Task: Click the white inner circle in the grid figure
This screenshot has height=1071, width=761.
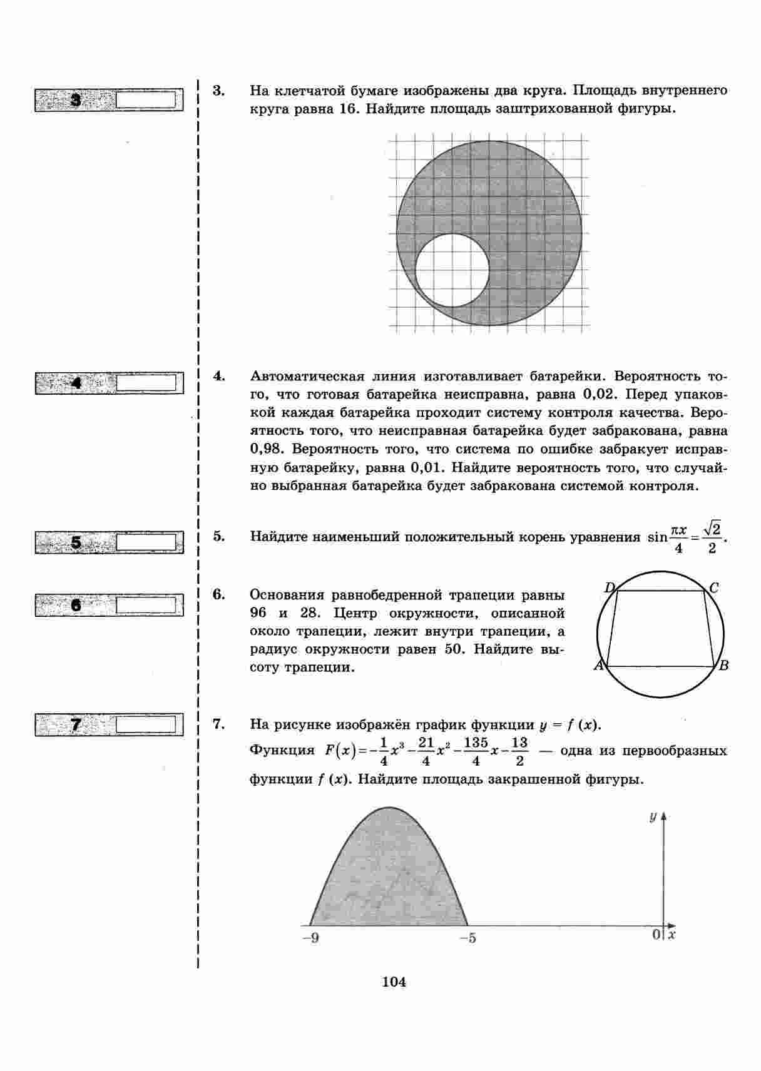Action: point(452,270)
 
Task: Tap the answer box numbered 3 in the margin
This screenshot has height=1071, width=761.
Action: point(149,100)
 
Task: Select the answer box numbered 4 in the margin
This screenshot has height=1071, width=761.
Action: point(149,383)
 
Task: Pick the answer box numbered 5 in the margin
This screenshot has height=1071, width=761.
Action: point(149,542)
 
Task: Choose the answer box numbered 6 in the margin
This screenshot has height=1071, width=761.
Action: point(149,605)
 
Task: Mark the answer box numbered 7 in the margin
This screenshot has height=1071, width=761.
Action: point(149,724)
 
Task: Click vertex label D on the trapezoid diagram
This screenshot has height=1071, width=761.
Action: point(610,587)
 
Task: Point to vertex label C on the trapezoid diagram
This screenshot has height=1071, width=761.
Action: point(714,587)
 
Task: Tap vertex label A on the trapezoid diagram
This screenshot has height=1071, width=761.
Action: point(598,665)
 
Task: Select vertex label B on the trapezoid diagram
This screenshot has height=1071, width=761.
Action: point(723,665)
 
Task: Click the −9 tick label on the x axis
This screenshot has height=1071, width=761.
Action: point(310,938)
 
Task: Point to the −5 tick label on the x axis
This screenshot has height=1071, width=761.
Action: point(467,938)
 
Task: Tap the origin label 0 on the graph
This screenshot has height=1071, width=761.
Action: point(656,934)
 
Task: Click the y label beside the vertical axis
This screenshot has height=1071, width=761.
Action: point(652,817)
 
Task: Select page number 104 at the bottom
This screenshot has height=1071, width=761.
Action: point(394,982)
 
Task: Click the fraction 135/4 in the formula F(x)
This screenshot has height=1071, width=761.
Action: point(476,751)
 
